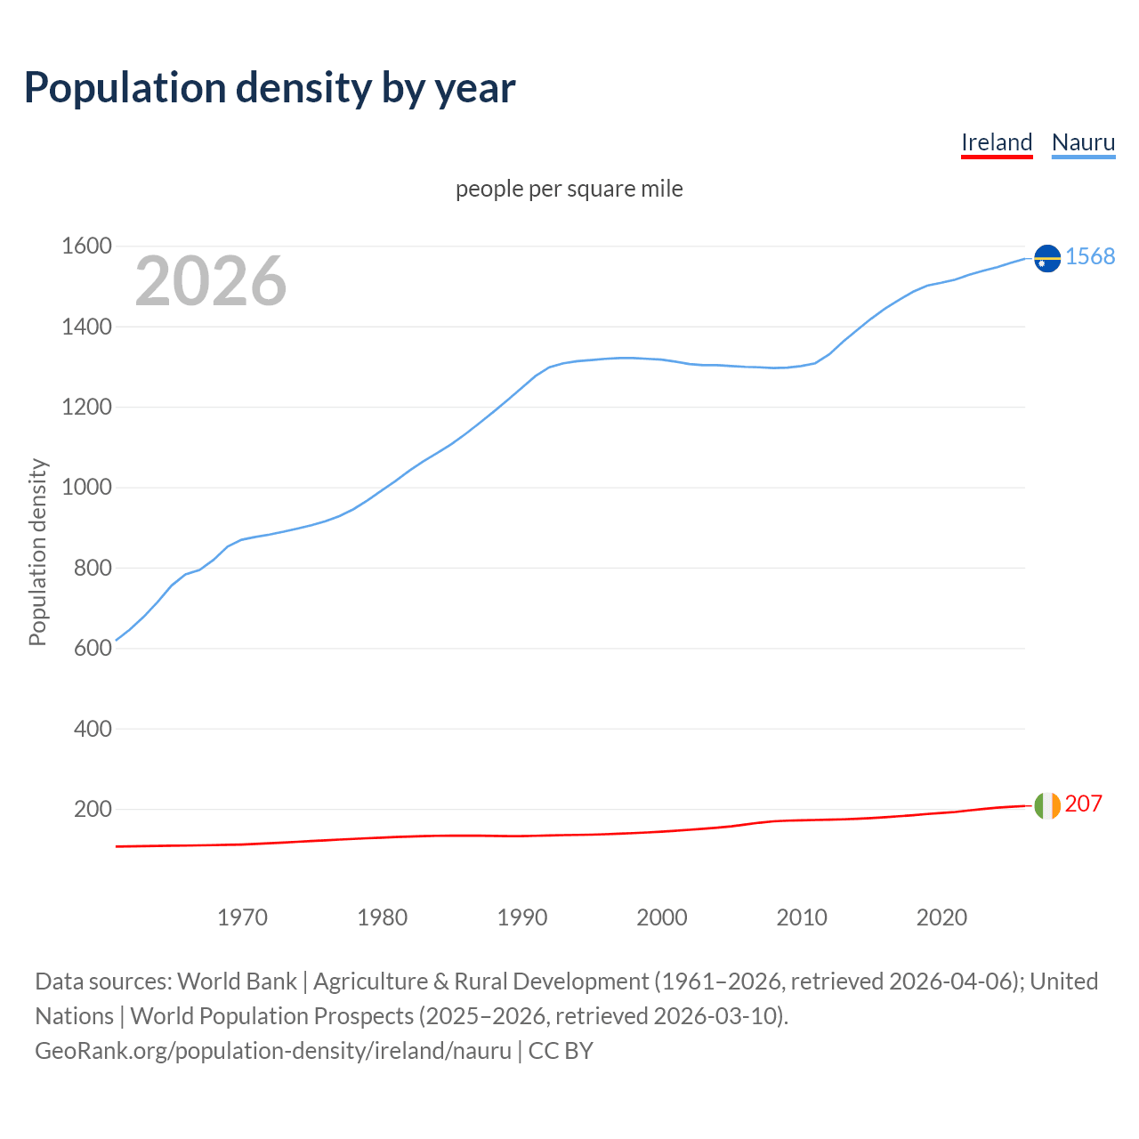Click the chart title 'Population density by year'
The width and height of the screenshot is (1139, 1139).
coord(270,88)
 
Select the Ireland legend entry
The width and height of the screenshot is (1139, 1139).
coord(997,142)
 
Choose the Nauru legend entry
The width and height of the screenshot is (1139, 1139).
coord(1083,142)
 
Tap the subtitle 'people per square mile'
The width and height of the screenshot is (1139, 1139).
coord(569,190)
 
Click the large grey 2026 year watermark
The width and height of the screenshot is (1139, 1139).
coord(211,281)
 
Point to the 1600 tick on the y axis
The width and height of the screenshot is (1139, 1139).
coord(86,246)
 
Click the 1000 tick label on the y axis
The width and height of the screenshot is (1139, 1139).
coord(86,488)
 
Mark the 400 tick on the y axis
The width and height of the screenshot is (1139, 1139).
coord(93,729)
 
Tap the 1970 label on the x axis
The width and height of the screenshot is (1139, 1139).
coord(242,917)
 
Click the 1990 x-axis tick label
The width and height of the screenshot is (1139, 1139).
coord(522,917)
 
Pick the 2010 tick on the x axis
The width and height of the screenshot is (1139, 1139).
coord(802,917)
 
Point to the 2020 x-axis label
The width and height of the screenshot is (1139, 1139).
coord(941,917)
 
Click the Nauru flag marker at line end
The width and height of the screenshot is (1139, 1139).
coord(1047,258)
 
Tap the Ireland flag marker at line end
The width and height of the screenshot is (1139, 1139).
coord(1047,805)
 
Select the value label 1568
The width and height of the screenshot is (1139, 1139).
coord(1090,257)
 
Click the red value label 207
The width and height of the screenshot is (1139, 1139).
coord(1083,804)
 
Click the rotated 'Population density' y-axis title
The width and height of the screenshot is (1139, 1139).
coord(37,552)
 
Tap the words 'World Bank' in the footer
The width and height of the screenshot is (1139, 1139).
coord(237,981)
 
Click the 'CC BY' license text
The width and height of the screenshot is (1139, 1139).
coord(561,1051)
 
